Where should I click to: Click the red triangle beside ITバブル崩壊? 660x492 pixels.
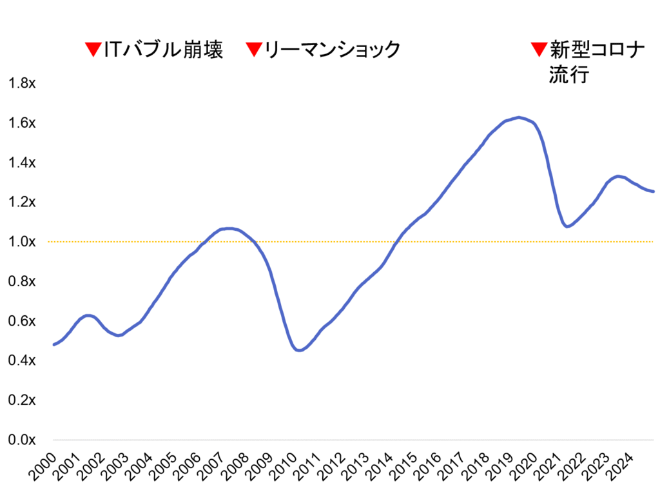point(93,50)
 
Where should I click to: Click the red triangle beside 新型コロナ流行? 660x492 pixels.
point(537,50)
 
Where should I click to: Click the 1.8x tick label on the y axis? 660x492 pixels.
point(21,83)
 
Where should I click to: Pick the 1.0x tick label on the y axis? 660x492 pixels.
point(21,242)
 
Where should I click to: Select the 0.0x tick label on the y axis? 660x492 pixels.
point(21,440)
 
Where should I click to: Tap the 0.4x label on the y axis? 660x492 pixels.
point(21,360)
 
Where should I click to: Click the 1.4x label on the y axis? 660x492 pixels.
point(21,162)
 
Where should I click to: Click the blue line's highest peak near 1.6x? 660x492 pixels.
point(519,117)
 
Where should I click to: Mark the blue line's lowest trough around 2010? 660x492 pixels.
point(298,350)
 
